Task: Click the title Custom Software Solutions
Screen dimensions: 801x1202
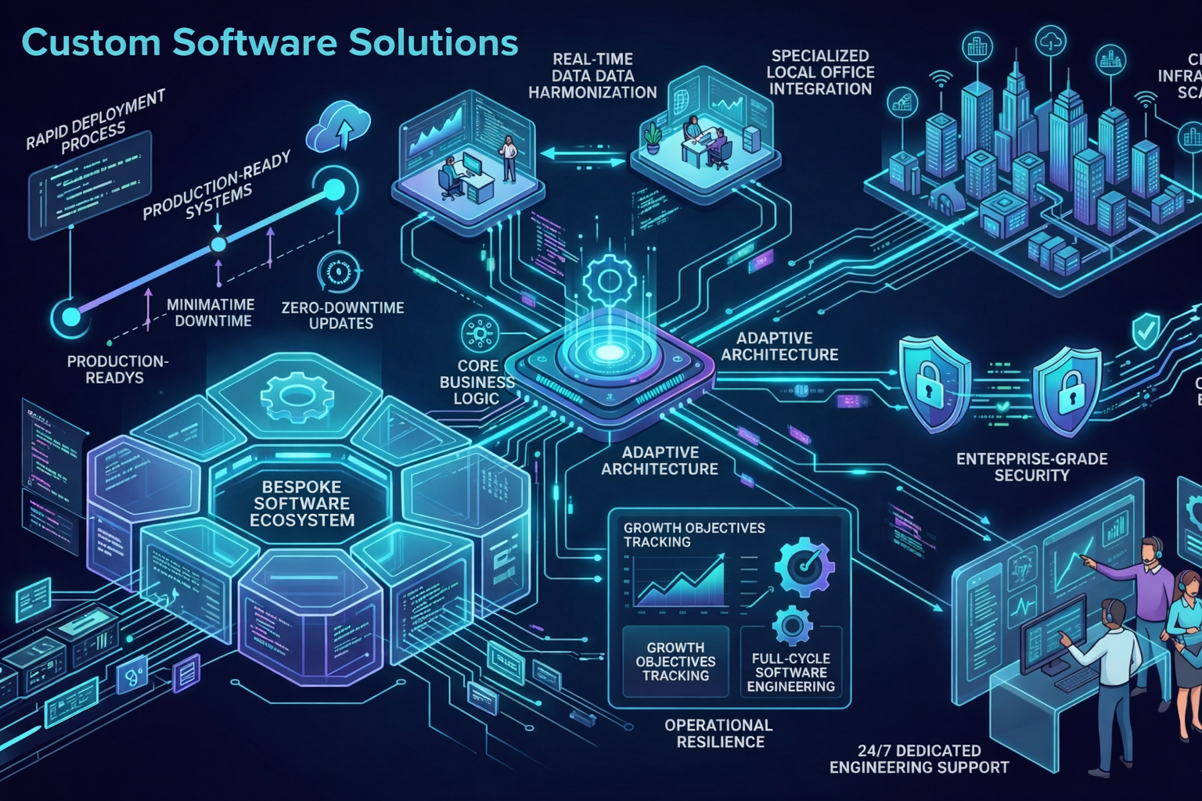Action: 270,42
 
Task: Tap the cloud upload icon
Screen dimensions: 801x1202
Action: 339,128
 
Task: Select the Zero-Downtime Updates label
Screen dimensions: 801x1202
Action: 342,315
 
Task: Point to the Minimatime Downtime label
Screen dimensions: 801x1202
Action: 211,313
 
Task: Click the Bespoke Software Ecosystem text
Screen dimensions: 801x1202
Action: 302,503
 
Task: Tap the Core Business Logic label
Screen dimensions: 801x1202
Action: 477,382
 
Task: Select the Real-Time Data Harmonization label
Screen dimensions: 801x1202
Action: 592,76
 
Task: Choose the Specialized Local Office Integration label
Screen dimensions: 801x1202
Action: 820,73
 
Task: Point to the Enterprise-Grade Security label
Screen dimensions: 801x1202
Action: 1031,467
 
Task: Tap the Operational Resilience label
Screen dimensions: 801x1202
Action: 719,733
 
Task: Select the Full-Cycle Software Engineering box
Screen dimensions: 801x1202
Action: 791,662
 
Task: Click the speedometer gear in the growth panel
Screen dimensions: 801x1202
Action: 804,566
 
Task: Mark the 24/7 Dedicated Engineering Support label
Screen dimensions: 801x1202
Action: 919,759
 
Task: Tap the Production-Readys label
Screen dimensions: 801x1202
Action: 116,369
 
